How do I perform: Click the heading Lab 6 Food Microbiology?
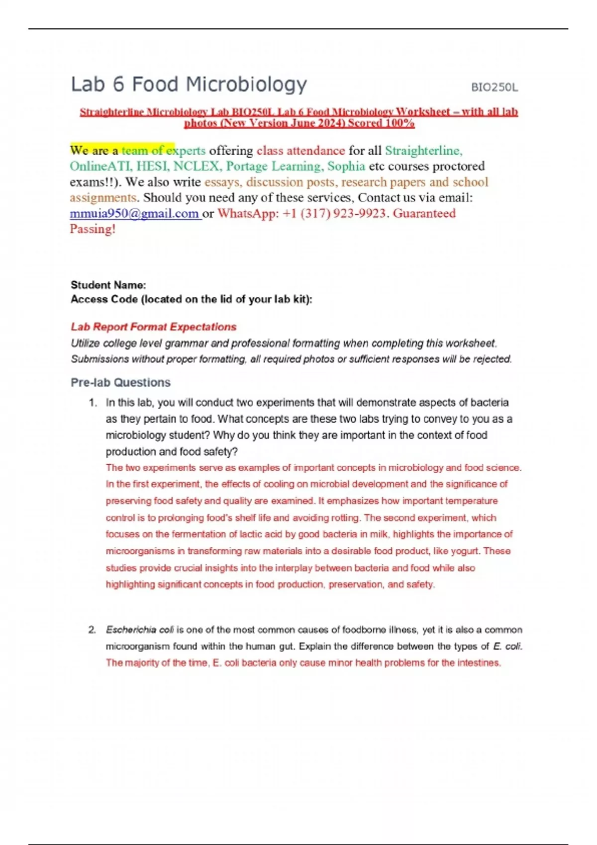[x=189, y=84]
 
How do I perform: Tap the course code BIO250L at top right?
[x=494, y=87]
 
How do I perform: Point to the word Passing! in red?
[x=93, y=229]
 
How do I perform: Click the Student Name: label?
[x=108, y=285]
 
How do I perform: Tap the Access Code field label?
[x=191, y=299]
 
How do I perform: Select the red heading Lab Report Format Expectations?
[x=153, y=327]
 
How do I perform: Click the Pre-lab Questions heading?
[x=120, y=382]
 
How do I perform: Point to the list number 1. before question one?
[x=93, y=403]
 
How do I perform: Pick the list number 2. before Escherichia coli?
[x=93, y=630]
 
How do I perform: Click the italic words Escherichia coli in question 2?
[x=140, y=630]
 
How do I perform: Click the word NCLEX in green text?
[x=196, y=166]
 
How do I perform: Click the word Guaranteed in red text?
[x=424, y=214]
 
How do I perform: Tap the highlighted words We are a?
[x=94, y=150]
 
